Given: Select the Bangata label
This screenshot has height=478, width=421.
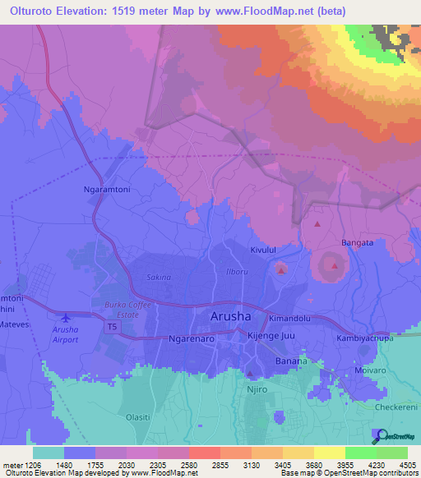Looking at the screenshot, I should click(x=358, y=243).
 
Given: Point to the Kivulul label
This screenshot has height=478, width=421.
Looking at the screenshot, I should click(x=266, y=248).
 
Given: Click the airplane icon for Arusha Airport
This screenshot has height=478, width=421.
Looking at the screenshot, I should click(x=66, y=317).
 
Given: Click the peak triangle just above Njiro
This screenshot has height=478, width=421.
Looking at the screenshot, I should click(x=250, y=374).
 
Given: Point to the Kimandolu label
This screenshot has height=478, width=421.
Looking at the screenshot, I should click(x=289, y=317).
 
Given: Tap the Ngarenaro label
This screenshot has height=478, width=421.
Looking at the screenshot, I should click(x=191, y=338).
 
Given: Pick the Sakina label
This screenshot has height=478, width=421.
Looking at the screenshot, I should click(x=158, y=278).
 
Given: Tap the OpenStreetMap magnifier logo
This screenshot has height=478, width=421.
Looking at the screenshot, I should click(x=379, y=434).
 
